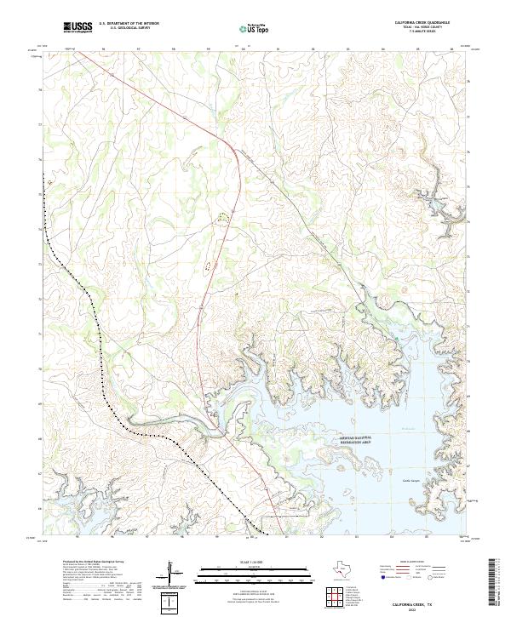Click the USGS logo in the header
point(78,27)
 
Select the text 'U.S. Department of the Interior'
point(129,24)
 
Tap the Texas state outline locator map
point(340,569)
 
